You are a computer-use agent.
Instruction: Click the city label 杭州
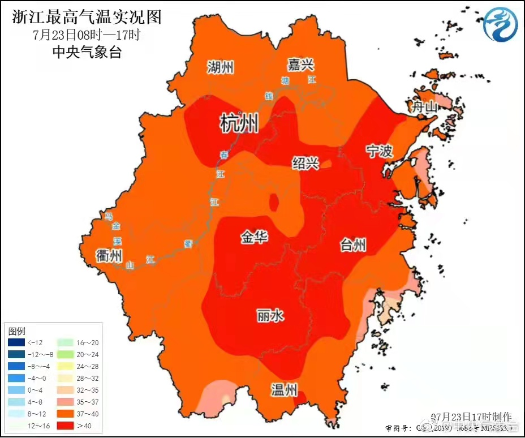[x=239, y=123]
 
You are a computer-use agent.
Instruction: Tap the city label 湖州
[x=220, y=68]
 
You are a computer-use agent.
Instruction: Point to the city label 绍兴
[x=305, y=164]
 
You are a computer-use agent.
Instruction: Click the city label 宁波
[x=379, y=151]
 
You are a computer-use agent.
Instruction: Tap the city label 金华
[x=255, y=238]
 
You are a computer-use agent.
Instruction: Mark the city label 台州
[x=353, y=245]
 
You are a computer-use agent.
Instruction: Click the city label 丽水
[x=270, y=316]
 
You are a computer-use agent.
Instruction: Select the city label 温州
[x=283, y=390]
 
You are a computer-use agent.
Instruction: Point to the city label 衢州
[x=109, y=255]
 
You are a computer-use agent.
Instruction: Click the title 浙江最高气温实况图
[x=87, y=17]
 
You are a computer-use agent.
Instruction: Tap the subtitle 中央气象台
[x=87, y=53]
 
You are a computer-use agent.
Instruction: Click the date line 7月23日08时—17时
[x=87, y=35]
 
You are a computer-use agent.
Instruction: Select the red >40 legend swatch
[x=65, y=426]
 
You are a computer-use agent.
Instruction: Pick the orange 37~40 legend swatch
[x=65, y=414]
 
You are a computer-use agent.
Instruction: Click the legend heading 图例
[x=17, y=330]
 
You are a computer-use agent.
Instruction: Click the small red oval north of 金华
[x=274, y=201]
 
